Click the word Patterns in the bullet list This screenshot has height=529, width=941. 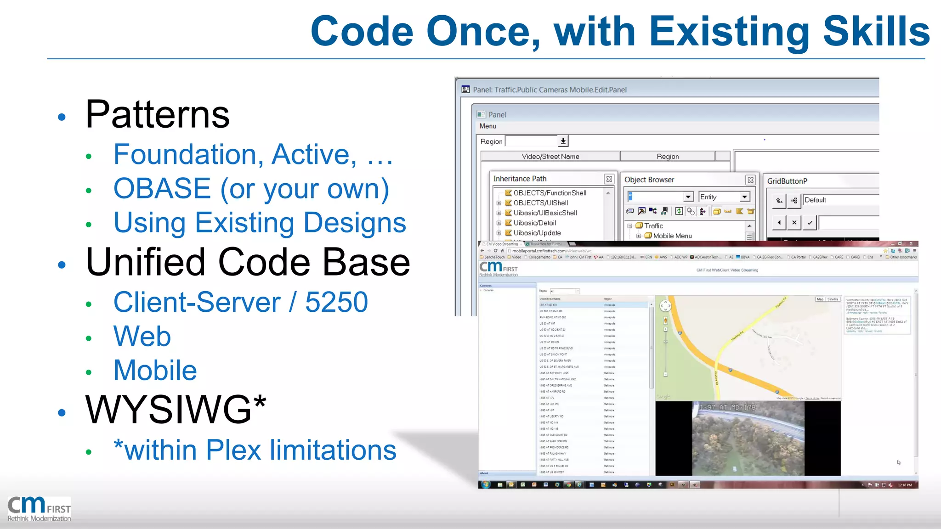click(157, 114)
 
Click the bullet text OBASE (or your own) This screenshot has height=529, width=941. click(251, 189)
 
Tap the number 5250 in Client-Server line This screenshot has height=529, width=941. click(336, 302)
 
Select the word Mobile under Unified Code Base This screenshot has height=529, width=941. click(155, 370)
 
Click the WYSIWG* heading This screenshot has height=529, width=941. click(176, 409)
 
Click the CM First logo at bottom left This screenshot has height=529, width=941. click(39, 509)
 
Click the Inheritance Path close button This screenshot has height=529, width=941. click(609, 179)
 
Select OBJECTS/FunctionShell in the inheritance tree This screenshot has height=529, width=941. click(550, 193)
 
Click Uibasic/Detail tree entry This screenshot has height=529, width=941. click(534, 223)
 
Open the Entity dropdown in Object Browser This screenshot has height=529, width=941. click(744, 197)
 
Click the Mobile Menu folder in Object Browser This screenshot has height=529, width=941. click(672, 236)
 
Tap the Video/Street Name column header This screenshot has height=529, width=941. click(550, 157)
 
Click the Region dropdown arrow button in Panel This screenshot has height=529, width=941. click(563, 141)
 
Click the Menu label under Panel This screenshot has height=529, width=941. click(488, 126)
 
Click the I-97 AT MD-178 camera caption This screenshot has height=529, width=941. click(727, 407)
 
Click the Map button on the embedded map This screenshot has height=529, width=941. click(820, 299)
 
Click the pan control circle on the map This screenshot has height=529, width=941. click(665, 306)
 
